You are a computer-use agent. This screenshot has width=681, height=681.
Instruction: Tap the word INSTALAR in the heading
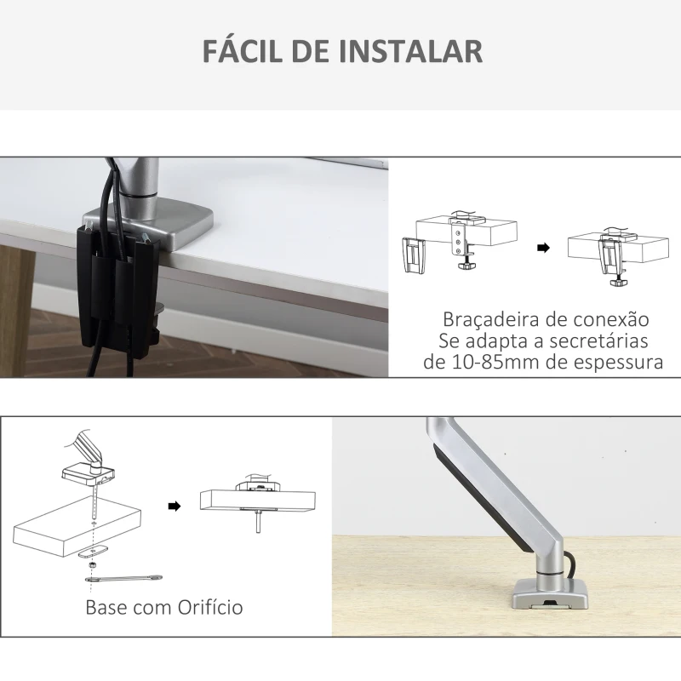coord(411,50)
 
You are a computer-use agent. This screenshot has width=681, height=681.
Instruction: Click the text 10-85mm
coord(479,362)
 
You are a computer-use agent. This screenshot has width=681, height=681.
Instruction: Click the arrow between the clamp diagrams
coord(542,249)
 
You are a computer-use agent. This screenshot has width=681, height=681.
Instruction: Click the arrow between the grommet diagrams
coord(175,506)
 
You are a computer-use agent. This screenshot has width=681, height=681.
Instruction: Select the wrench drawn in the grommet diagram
coord(124,580)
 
